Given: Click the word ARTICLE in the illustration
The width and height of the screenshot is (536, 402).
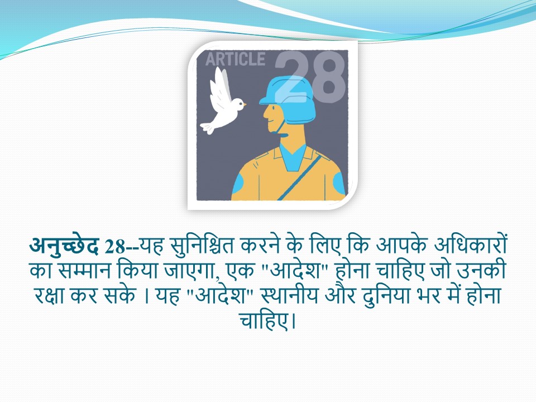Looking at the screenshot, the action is coord(235,59).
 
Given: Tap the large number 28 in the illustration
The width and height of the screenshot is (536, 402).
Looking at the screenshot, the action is coord(310,77).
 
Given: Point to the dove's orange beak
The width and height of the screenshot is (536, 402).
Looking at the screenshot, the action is coord(245,104).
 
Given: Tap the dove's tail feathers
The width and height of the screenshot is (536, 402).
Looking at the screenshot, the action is coord(208,128).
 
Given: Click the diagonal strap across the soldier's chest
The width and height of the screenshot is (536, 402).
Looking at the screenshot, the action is coord(299,178).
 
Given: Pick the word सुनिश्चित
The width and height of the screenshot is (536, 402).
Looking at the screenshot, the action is coord(202,246).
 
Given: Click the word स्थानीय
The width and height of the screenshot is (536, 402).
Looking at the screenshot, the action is coord(289,295).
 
